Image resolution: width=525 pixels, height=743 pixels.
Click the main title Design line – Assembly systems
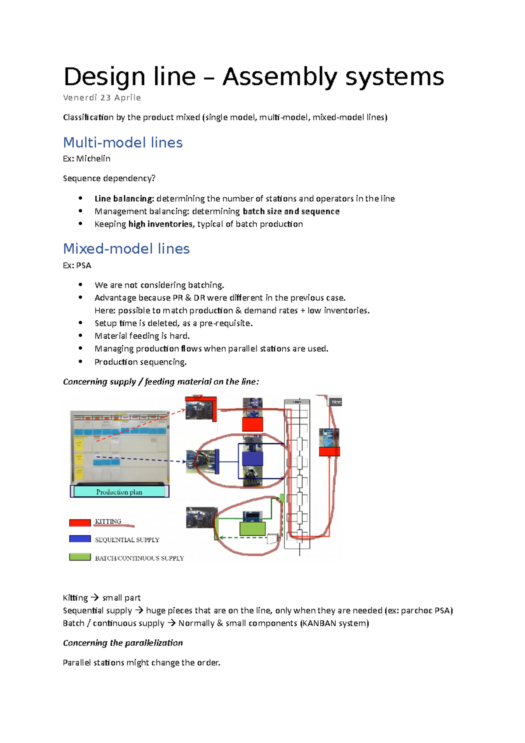254,77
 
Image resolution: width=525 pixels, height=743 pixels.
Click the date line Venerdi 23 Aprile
102,98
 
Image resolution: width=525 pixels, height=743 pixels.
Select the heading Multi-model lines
123,143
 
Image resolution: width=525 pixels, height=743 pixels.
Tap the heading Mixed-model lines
126,249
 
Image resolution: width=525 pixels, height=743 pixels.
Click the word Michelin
93,159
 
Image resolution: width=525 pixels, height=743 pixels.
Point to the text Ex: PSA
77,266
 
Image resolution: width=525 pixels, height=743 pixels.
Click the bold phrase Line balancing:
124,199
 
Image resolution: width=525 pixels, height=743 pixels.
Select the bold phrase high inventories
160,224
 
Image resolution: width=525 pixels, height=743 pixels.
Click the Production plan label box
119,492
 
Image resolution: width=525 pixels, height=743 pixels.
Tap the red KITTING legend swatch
80,522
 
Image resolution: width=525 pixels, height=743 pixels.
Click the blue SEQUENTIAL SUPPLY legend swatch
80,539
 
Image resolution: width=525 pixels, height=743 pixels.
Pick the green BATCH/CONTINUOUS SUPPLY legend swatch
80,557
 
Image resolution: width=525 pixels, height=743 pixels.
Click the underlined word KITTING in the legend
108,522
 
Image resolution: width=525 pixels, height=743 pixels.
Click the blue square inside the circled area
252,459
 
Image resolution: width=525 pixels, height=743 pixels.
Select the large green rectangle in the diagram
252,528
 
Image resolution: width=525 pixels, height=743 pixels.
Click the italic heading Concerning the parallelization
123,643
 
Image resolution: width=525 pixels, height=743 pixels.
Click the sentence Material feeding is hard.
142,336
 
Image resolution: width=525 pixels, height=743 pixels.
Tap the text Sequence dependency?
109,179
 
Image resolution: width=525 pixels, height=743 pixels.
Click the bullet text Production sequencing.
140,362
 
